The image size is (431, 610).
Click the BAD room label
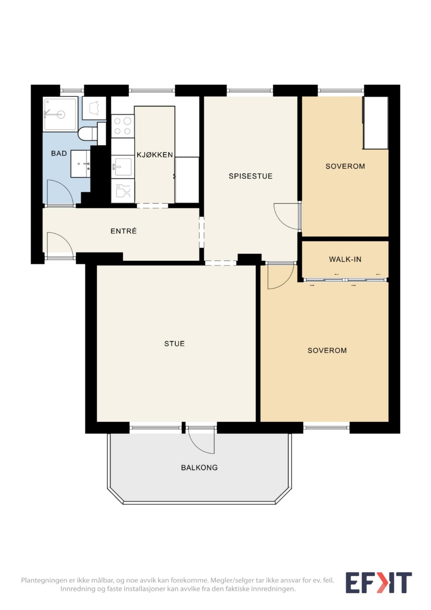point(59,153)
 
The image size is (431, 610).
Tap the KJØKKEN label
point(155,155)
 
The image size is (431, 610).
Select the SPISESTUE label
point(251,176)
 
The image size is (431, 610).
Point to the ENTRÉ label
point(123,231)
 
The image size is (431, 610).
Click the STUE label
point(174,344)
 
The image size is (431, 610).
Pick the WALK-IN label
point(345,259)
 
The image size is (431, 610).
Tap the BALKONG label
point(199,467)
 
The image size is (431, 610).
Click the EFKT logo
point(379,583)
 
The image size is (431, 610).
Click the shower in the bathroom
point(60,114)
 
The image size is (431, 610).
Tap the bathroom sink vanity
point(80,164)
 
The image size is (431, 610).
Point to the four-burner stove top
point(122,126)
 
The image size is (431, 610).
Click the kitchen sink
point(122,167)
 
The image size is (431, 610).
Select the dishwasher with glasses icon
point(122,191)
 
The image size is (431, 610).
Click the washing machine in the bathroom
point(94,108)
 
